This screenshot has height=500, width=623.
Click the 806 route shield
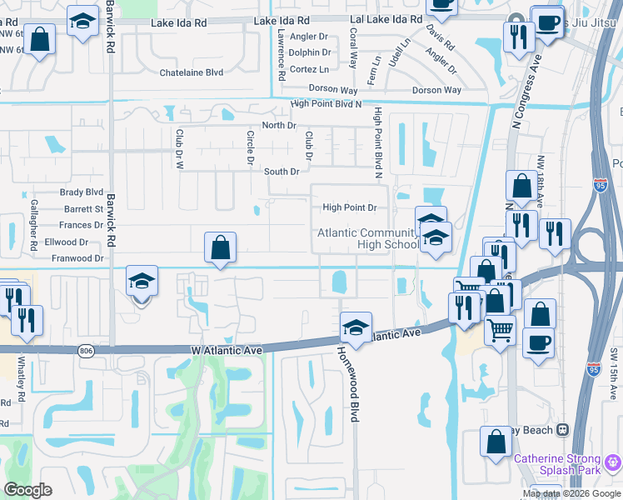point(87,352)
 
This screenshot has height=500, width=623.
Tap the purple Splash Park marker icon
point(615,459)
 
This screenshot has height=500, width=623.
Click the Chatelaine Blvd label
point(192,72)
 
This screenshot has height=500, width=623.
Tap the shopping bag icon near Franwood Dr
point(220,247)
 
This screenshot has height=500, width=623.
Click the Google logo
point(28,490)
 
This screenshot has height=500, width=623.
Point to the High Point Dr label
point(349,207)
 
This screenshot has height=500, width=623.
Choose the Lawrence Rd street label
point(282,54)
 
